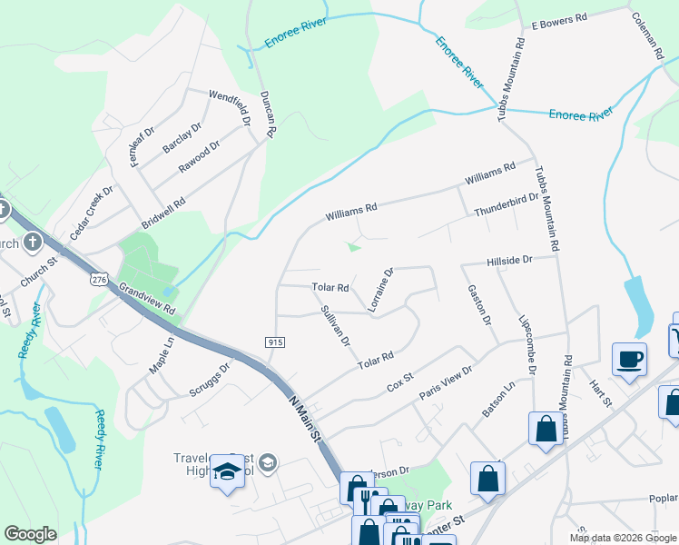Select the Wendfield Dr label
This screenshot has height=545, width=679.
pos(228,107)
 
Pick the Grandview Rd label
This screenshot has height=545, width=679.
pos(145,298)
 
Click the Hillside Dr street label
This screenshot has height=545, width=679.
pos(507,260)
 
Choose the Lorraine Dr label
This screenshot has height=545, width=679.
pos(380,290)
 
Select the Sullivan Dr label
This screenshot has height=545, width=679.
pos(335,326)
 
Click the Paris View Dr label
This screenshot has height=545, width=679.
pos(446,382)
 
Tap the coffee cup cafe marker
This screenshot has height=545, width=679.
pos(629,358)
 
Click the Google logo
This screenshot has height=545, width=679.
pos(31,534)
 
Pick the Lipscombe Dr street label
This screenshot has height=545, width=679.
pos(526,345)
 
